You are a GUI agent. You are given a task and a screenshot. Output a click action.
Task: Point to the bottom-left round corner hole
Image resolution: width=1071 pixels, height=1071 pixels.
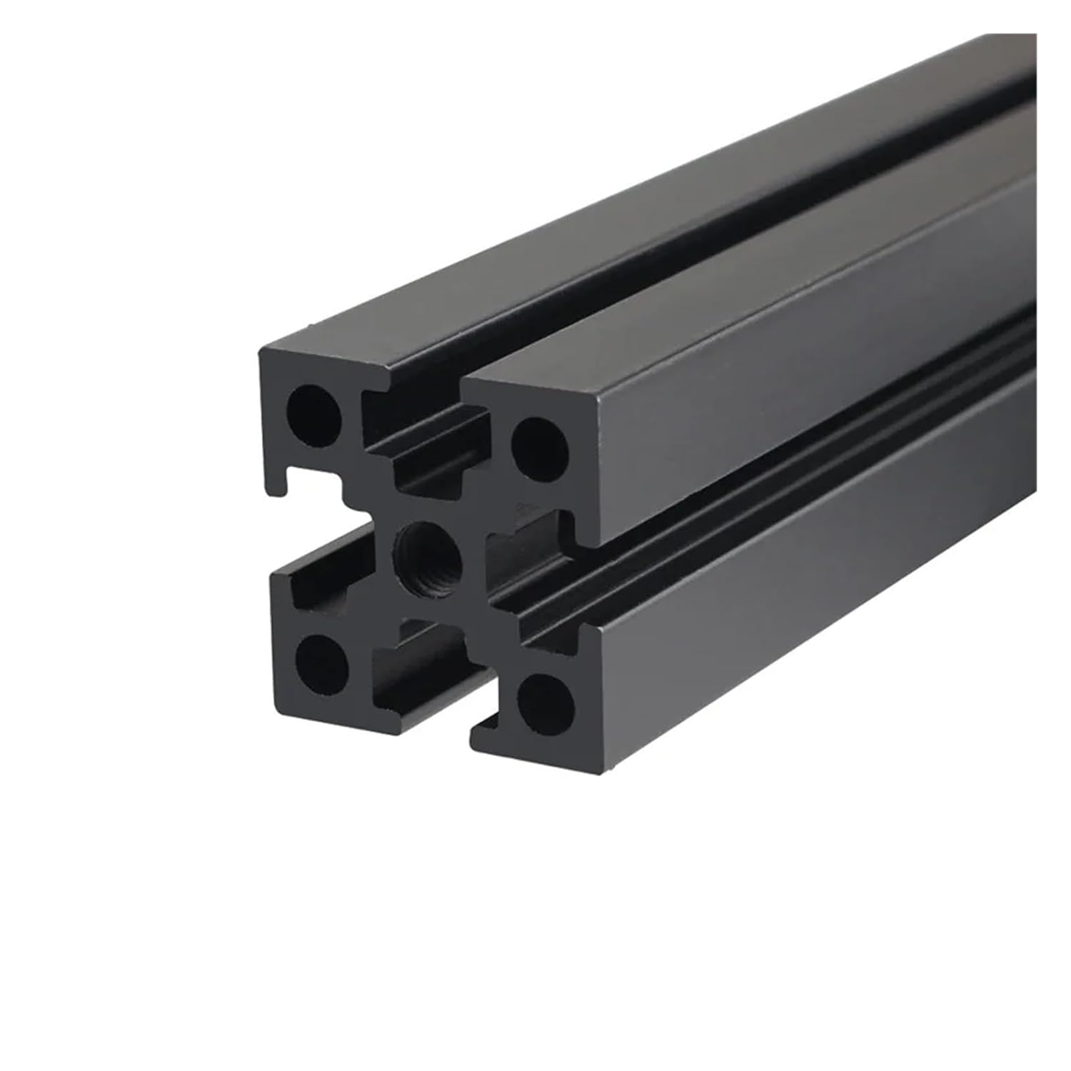[321, 658]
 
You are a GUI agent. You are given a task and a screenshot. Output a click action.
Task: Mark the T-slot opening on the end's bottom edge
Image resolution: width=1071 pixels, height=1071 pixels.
[428, 671]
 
